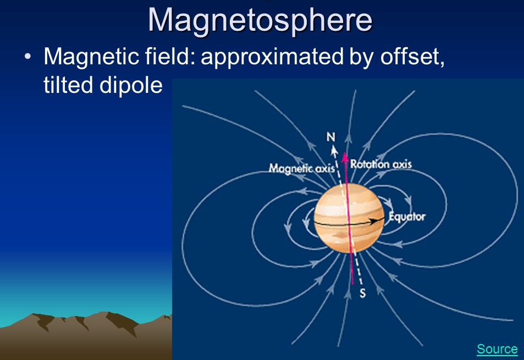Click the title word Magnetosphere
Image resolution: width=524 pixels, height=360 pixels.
coord(260,20)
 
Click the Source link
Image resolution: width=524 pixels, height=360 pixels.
coord(497,349)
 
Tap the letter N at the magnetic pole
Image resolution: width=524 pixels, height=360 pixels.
coord(331,137)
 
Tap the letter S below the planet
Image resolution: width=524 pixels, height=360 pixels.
coord(362,293)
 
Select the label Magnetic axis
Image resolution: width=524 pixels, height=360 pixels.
coord(302,168)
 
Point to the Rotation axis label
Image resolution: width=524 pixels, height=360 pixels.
coord(381,164)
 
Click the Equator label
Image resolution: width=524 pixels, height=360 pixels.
coord(407,217)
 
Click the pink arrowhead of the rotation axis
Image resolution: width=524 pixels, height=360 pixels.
coord(345,157)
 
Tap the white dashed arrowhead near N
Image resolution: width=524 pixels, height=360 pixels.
coord(334,151)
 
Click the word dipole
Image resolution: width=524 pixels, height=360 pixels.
coord(131,86)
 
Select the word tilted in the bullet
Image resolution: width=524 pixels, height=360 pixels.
coord(68,85)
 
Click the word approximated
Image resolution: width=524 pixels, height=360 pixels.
coord(272,57)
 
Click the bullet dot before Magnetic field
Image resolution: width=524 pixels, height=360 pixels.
coord(27,57)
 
